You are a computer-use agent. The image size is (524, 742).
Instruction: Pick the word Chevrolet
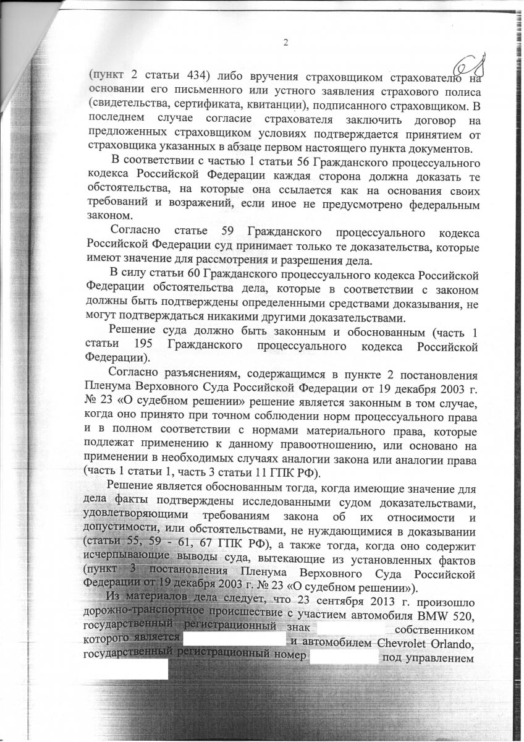pyautogui.click(x=405, y=644)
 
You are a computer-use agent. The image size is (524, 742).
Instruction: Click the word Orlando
pyautogui.click(x=455, y=644)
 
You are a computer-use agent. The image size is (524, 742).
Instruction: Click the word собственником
pyautogui.click(x=436, y=630)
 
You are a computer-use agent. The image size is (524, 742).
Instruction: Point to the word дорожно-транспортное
pyautogui.click(x=144, y=616)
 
